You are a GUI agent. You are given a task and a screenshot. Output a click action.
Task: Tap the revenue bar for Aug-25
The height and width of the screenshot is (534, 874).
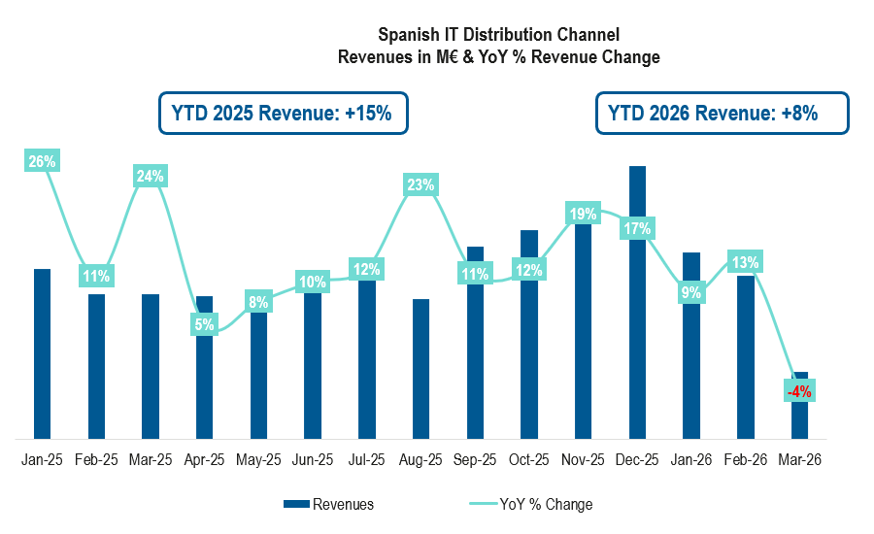pos(420,369)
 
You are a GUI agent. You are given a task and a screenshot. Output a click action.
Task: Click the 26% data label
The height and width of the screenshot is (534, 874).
pos(42,162)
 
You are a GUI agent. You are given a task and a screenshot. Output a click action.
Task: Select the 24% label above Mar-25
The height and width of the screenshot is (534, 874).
pos(151,176)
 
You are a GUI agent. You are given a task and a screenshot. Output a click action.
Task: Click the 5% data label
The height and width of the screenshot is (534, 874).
pos(204,325)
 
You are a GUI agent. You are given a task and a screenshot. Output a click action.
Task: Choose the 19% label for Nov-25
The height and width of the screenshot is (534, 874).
pos(583,214)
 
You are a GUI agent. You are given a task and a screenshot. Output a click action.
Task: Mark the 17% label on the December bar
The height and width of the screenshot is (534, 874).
pos(637,229)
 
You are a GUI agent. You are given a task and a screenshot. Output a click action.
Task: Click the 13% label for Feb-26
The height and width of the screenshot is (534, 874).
pos(746,262)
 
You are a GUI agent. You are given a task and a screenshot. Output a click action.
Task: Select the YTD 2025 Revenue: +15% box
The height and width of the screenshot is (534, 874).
pos(283,113)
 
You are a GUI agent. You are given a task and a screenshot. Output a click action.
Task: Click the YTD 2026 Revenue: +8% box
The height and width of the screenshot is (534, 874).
pos(722,113)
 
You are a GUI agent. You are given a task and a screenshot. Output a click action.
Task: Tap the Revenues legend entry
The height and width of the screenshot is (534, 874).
pos(330,504)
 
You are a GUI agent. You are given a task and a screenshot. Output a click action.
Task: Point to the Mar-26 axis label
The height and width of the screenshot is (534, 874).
pos(800,460)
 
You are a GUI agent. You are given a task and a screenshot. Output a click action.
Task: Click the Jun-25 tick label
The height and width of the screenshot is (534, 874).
pos(313,460)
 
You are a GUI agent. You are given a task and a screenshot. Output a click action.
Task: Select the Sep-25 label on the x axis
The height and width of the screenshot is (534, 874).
pos(475,460)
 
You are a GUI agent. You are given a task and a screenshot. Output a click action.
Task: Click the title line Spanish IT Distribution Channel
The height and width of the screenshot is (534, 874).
pos(498,36)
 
